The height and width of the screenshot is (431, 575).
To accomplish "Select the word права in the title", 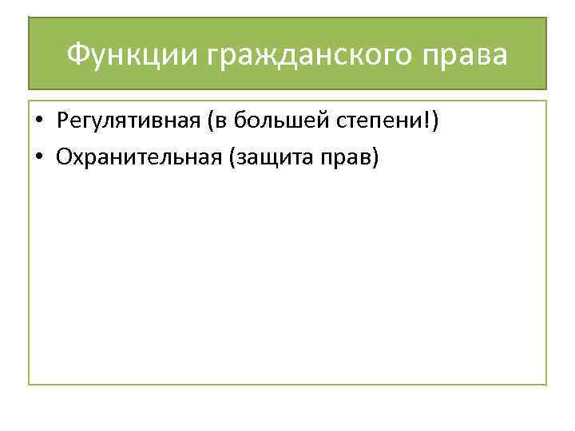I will (470, 55).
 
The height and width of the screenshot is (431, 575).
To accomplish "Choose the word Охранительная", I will (139, 156).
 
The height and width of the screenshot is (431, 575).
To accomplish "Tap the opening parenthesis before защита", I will (232, 156).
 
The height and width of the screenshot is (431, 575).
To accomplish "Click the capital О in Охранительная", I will (64, 156).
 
